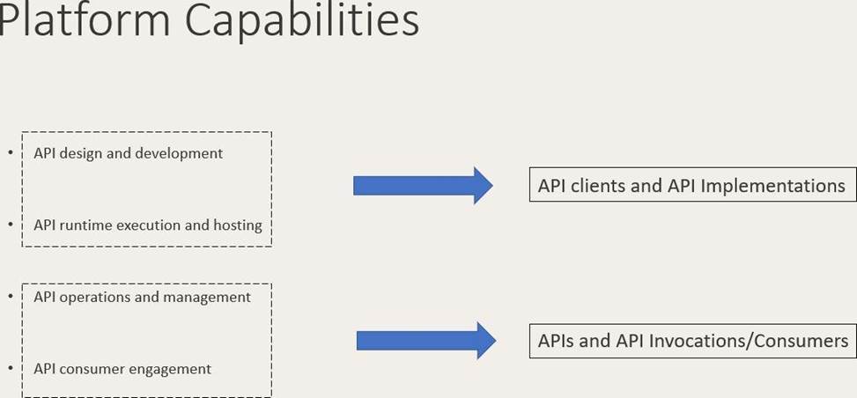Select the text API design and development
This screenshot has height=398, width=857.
(x=128, y=153)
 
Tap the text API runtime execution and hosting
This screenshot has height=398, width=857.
(x=147, y=225)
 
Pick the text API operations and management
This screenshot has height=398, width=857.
(x=142, y=297)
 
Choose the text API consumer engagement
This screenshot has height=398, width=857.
(x=122, y=369)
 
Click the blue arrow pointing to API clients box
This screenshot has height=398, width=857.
(x=423, y=185)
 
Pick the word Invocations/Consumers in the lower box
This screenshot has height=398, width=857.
(x=757, y=341)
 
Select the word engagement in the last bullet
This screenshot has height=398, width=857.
(x=169, y=369)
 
